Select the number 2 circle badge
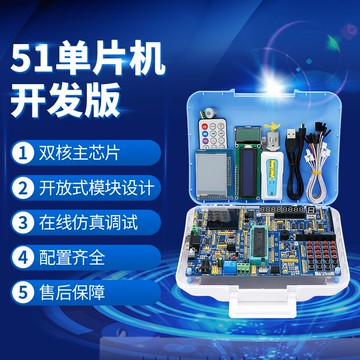tap(20, 187)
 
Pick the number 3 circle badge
tap(20, 221)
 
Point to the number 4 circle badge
tap(20, 255)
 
